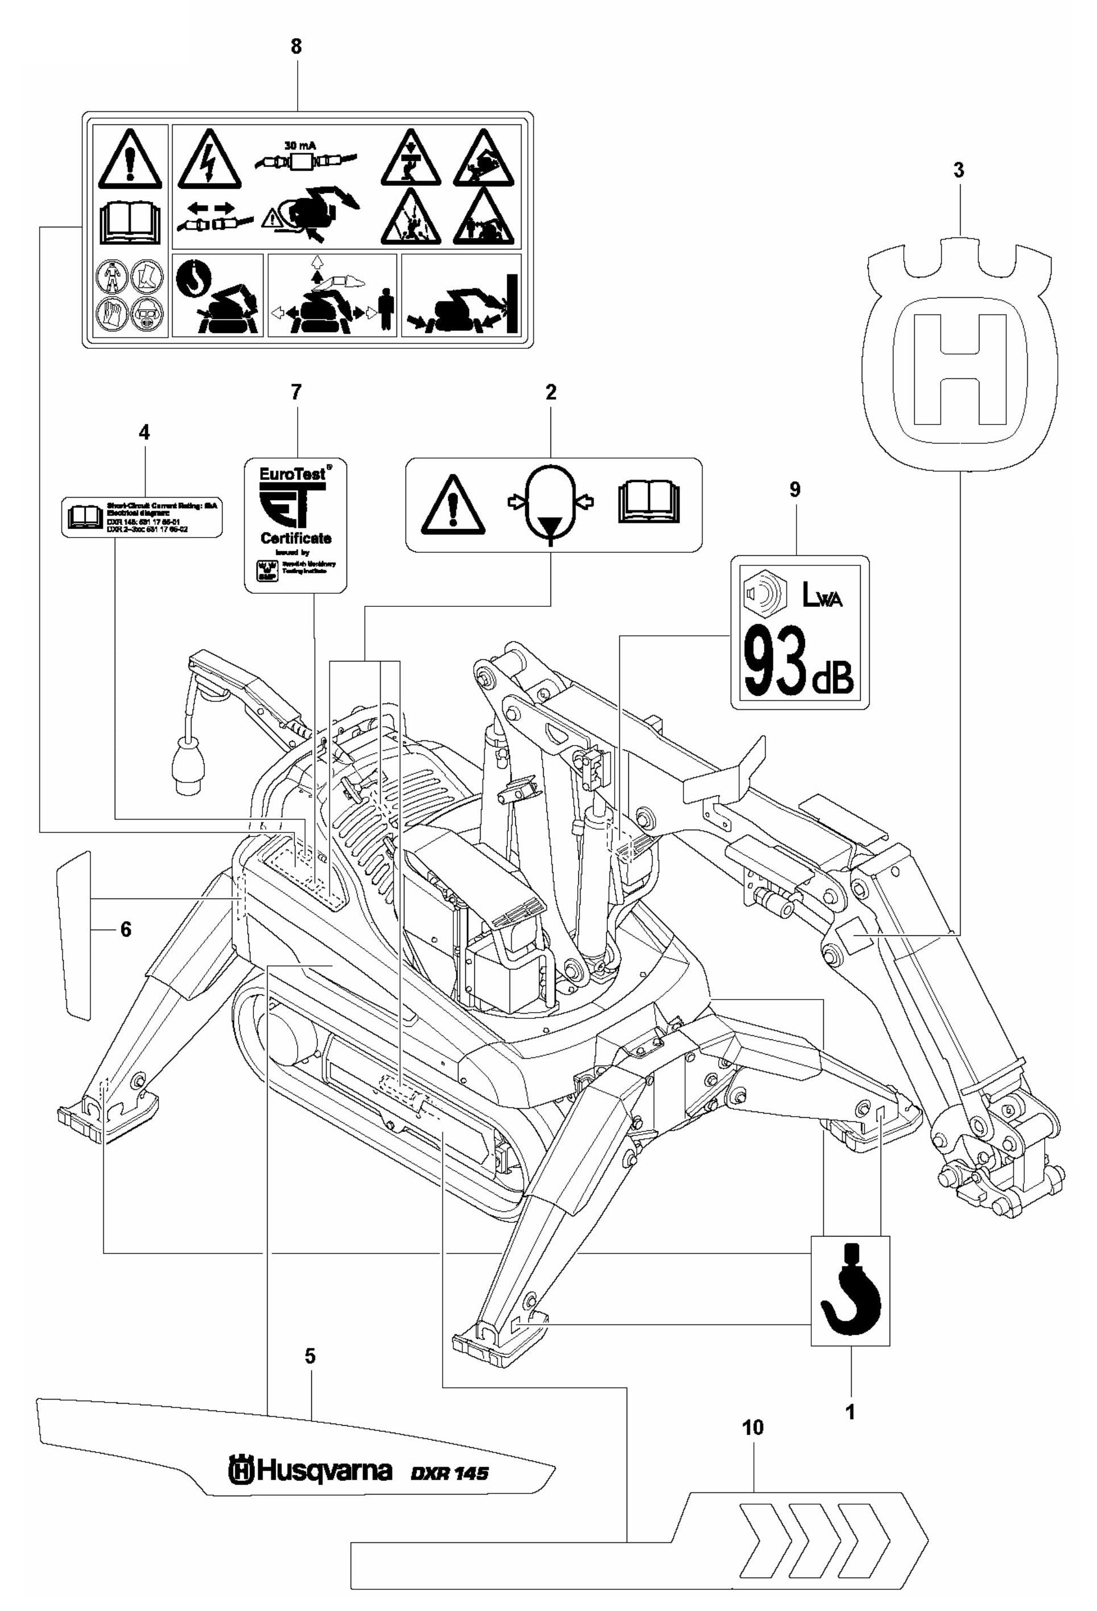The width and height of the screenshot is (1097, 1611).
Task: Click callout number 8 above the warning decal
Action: [296, 47]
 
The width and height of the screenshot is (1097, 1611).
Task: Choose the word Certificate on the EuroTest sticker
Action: [296, 538]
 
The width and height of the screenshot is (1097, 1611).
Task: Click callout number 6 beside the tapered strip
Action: [126, 930]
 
